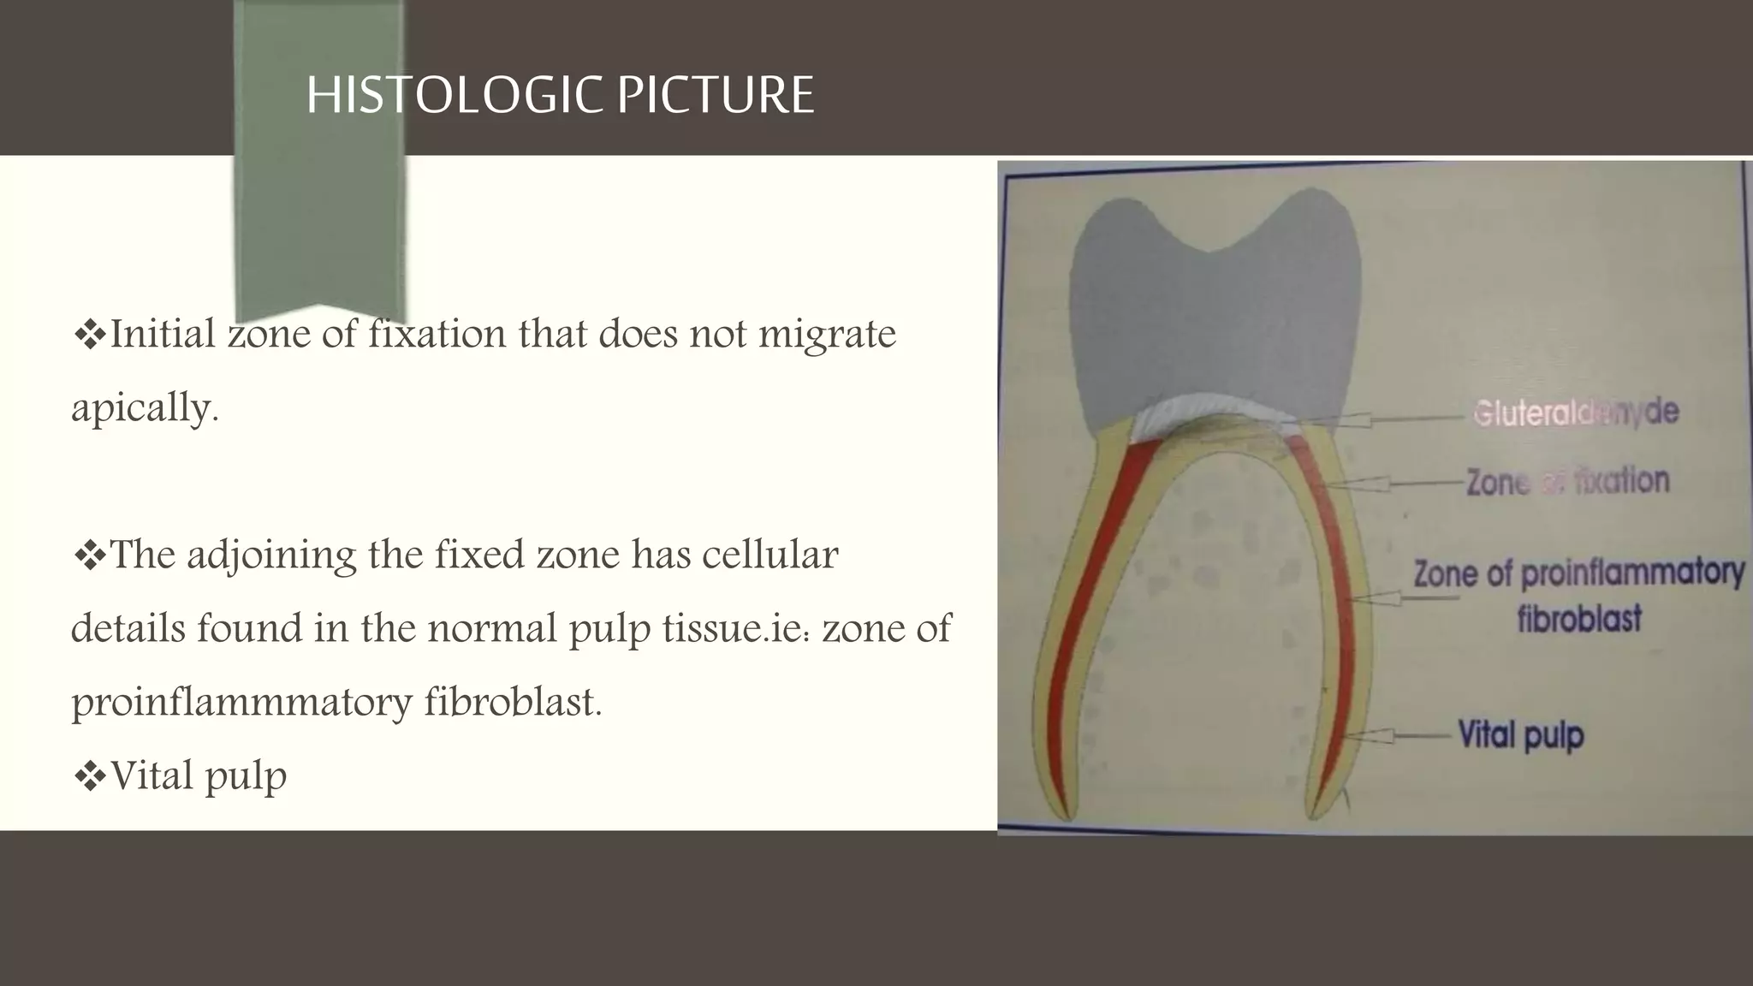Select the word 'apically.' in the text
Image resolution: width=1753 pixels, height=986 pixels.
point(145,408)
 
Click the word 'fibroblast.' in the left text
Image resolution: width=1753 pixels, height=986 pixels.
point(514,703)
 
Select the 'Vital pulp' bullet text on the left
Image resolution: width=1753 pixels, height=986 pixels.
point(199,776)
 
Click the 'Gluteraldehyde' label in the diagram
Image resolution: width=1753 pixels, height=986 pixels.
point(1575,413)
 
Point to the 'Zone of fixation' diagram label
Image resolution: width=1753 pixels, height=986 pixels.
point(1567,481)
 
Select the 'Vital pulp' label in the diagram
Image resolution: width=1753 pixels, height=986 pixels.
point(1520,735)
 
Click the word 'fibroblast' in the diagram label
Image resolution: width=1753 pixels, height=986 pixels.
point(1578,618)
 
